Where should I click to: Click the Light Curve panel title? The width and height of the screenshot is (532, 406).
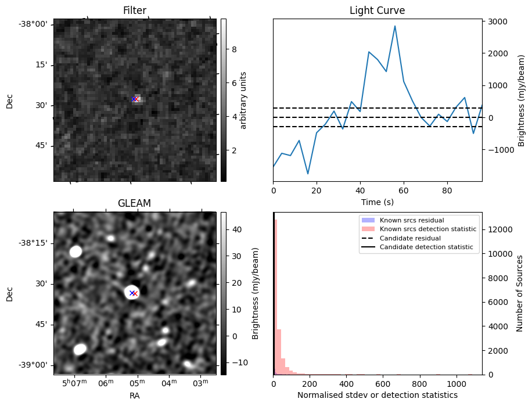(x=377, y=10)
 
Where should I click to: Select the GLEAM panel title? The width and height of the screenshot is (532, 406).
(x=134, y=203)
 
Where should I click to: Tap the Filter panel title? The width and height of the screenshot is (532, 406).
(x=134, y=10)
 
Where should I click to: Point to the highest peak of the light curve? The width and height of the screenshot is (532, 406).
(x=395, y=26)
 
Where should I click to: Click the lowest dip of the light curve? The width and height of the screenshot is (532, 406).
(x=308, y=174)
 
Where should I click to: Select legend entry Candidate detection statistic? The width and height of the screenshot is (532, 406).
(x=426, y=248)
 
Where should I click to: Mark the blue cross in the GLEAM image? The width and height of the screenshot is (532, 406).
(x=132, y=293)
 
